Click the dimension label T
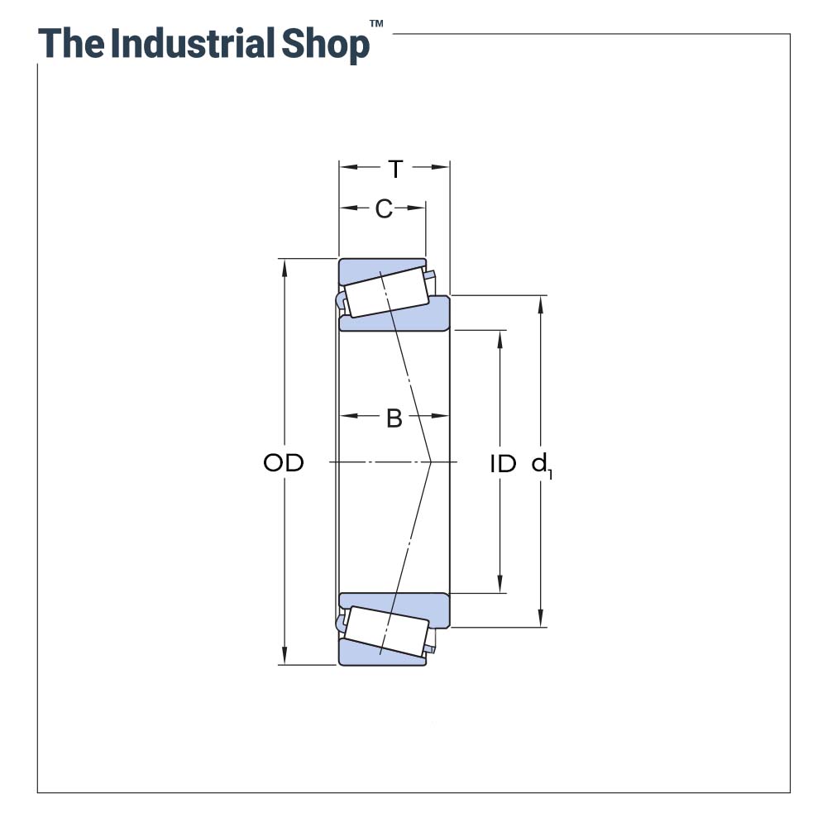coord(395,169)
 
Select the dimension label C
coord(383,209)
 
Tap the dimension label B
coord(394,418)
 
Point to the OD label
coord(284,463)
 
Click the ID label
coord(502,464)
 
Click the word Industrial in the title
coord(193,43)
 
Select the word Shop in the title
coord(325,44)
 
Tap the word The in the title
coord(72,43)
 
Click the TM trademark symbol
coord(376,25)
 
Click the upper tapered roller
coord(385,293)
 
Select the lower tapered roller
coord(385,631)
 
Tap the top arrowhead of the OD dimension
coord(284,265)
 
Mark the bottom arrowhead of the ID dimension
coord(500,586)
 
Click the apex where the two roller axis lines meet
coord(431,461)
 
